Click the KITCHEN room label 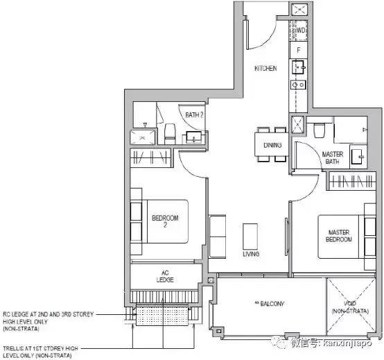(x=265, y=68)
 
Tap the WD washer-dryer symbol (x=299, y=31)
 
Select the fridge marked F (x=299, y=50)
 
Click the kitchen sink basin (x=299, y=67)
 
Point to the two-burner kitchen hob (x=298, y=85)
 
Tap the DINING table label (x=272, y=145)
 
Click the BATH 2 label (x=194, y=114)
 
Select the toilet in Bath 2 (x=170, y=134)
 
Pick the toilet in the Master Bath (x=319, y=130)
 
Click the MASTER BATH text (x=332, y=158)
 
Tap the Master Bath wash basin (x=357, y=156)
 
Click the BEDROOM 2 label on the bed (x=165, y=221)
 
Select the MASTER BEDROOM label (x=339, y=236)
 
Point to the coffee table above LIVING (x=250, y=237)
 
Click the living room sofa (x=217, y=237)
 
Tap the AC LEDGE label (x=165, y=276)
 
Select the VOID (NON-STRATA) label (x=350, y=307)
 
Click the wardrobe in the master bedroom (x=351, y=181)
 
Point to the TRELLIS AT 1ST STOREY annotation (x=40, y=352)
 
